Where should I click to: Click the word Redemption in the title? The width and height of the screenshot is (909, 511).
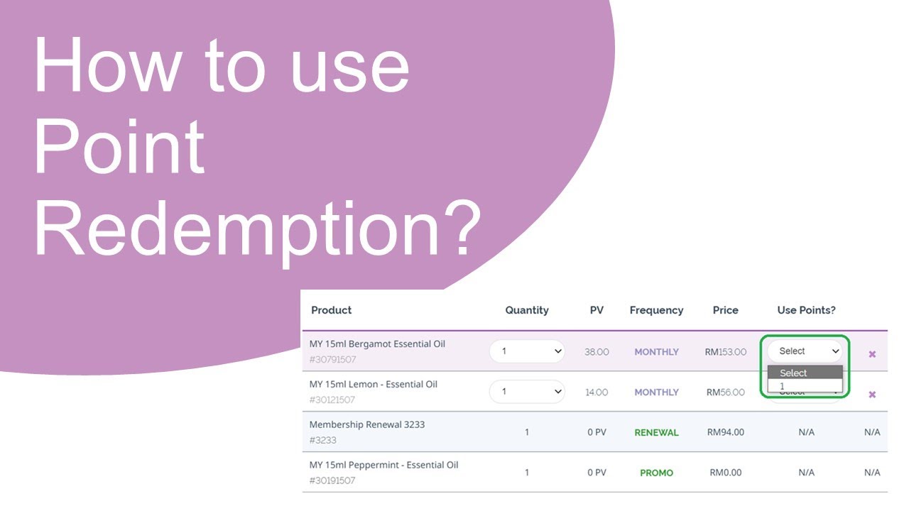pos(256,226)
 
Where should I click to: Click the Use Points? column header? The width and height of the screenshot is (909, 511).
pos(806,310)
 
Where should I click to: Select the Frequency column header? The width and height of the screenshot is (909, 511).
pos(656,310)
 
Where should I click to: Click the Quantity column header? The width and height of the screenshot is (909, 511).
pos(527,310)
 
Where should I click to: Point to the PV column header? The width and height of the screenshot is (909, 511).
pos(597,310)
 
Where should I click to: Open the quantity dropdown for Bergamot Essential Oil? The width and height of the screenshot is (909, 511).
pos(527,351)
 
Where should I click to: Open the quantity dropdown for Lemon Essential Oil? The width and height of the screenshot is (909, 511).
pos(527,392)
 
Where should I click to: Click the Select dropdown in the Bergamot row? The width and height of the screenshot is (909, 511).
pos(805,351)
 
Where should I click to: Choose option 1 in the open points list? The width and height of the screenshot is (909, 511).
pos(805,386)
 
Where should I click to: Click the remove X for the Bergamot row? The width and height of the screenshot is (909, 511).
pos(872,353)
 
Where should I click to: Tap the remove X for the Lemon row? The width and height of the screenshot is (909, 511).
pos(872,394)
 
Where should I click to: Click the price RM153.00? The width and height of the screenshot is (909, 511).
pos(726,352)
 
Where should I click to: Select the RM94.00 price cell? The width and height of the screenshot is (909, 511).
pos(726,432)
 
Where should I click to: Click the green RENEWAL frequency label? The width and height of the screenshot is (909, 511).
pos(656,432)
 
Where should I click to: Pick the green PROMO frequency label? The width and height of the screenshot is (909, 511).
pos(656,473)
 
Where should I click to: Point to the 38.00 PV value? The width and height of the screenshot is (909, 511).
pos(597,352)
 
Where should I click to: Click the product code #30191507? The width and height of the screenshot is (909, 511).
pos(332,480)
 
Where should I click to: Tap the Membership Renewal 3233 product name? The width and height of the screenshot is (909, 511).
pos(366,424)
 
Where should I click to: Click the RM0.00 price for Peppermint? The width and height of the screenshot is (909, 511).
pos(726,473)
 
